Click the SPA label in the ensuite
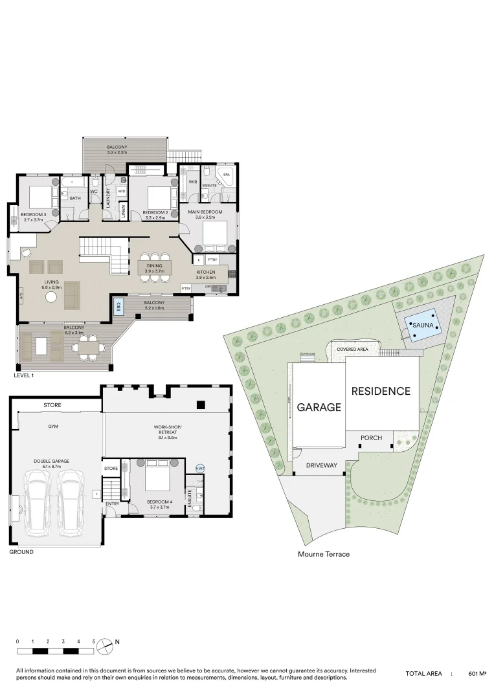(226, 175)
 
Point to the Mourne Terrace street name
(324, 554)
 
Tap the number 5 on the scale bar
(94, 641)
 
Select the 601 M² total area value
(477, 674)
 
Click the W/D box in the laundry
(121, 191)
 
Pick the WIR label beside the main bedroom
(192, 183)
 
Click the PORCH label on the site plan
(371, 438)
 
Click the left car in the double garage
(38, 503)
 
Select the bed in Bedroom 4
(157, 480)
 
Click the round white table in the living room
(51, 297)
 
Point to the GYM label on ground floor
(53, 427)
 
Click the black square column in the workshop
(200, 405)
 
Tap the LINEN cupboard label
(122, 211)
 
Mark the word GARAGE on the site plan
(319, 407)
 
